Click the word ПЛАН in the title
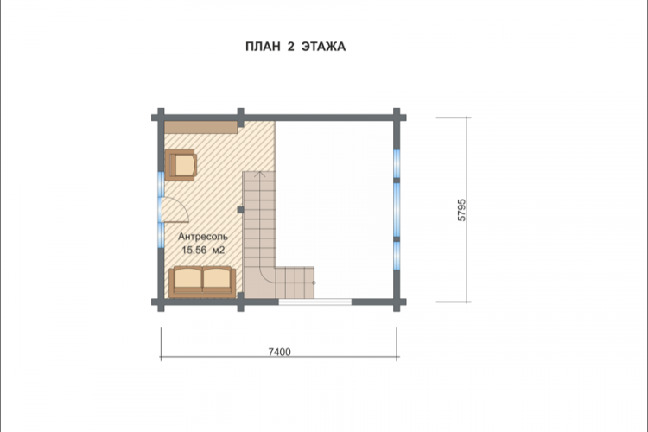click(263, 47)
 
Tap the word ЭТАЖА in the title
click(324, 47)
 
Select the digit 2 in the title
click(290, 47)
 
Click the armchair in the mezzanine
click(181, 165)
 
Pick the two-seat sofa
click(202, 282)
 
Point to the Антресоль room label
click(203, 237)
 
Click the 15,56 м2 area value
click(203, 250)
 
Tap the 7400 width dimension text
click(279, 352)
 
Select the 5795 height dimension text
click(461, 210)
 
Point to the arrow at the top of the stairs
click(259, 175)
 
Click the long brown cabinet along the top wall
click(200, 127)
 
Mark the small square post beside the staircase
click(240, 210)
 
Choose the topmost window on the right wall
click(397, 163)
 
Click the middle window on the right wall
click(397, 210)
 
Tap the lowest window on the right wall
click(397, 256)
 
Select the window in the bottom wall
click(314, 302)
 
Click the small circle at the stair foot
click(314, 283)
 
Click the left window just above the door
click(161, 183)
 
